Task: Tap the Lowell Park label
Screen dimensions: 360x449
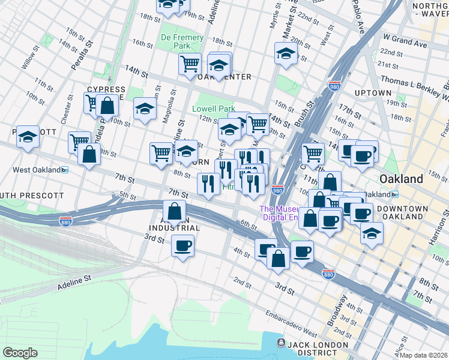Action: pyautogui.click(x=213, y=109)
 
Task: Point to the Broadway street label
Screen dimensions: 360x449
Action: pyautogui.click(x=337, y=309)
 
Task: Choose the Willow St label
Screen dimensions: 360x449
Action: pyautogui.click(x=29, y=59)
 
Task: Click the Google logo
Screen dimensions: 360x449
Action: pyautogui.click(x=20, y=352)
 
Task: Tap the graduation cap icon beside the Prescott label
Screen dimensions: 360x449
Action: pyautogui.click(x=28, y=137)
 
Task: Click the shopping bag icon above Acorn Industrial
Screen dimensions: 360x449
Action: pyautogui.click(x=173, y=212)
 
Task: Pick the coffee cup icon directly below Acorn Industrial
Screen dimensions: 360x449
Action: pyautogui.click(x=182, y=245)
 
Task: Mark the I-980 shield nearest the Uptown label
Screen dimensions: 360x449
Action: pyautogui.click(x=334, y=86)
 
